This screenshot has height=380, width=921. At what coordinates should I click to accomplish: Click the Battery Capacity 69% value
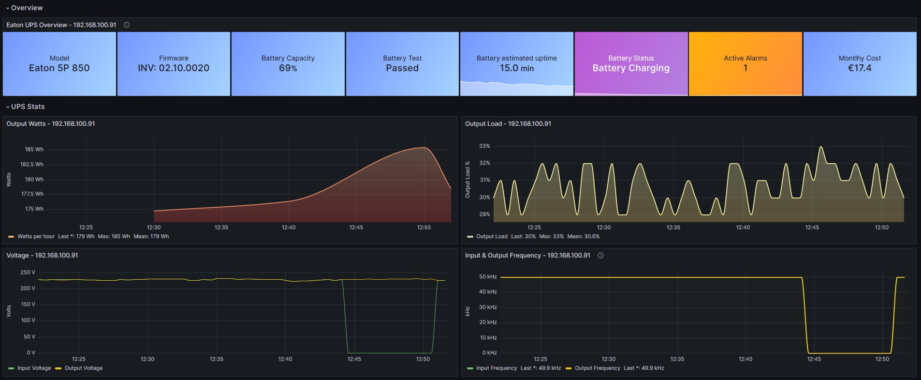coord(288,68)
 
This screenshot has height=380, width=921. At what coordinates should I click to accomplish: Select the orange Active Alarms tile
coord(745,63)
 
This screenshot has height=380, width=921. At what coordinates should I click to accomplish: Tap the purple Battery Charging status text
coord(631,68)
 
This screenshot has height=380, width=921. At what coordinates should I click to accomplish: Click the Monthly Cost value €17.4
coord(860,68)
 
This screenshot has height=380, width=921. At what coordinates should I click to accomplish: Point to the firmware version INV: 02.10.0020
coord(174,68)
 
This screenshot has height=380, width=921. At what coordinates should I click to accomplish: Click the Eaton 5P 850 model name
coord(59,68)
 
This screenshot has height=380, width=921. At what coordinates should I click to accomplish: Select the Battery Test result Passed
coord(402,68)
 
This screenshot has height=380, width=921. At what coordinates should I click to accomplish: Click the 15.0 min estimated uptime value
coord(516,68)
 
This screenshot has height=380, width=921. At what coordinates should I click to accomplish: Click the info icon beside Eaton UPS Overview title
coord(127,25)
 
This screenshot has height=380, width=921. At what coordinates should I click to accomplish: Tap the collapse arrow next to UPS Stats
coord(8,107)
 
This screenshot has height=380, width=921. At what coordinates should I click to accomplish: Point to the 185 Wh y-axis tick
coord(34,150)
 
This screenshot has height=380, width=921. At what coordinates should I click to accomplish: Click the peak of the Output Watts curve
coord(424,147)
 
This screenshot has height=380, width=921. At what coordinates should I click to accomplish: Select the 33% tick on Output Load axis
coord(484,146)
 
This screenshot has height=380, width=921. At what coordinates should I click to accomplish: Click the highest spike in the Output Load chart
coord(820,147)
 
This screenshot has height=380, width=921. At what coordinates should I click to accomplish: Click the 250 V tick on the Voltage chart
coord(28,273)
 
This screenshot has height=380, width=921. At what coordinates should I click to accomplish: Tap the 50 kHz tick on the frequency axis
coord(488,277)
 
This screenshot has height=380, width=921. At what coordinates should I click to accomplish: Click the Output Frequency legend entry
coord(597,368)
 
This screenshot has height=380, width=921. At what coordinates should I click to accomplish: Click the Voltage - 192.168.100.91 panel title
coord(42,256)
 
